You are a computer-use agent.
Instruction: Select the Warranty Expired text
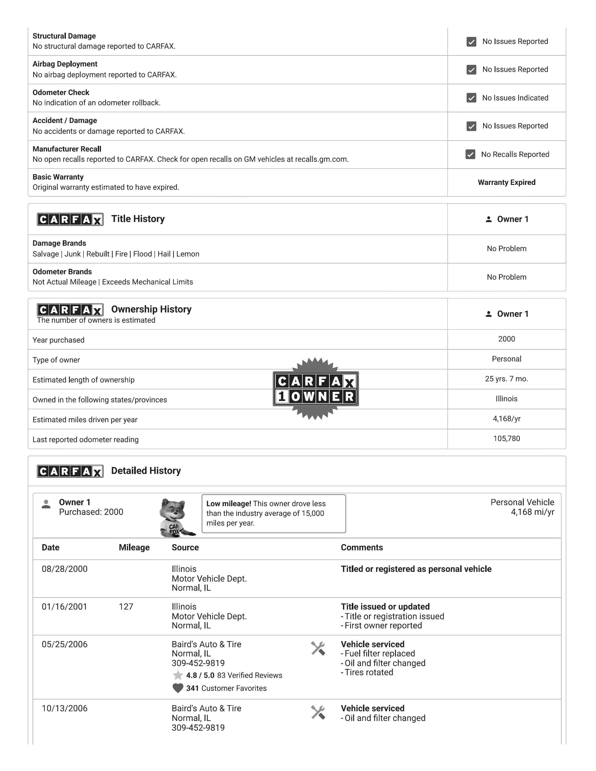tap(506, 182)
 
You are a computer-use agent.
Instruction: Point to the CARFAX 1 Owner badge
tap(316, 388)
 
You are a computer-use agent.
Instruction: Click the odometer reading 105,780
tap(506, 439)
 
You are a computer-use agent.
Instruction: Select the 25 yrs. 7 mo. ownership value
tap(506, 379)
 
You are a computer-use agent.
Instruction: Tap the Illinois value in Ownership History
tap(506, 399)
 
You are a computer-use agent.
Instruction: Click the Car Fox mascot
tap(175, 517)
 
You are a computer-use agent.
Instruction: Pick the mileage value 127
tap(126, 607)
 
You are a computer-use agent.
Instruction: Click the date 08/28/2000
tap(65, 569)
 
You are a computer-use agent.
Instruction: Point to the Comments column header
tap(362, 547)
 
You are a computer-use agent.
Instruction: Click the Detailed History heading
tap(146, 471)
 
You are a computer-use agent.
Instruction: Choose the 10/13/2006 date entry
tap(65, 708)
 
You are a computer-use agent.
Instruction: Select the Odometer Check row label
tap(61, 93)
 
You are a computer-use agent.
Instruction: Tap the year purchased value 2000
tap(506, 339)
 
